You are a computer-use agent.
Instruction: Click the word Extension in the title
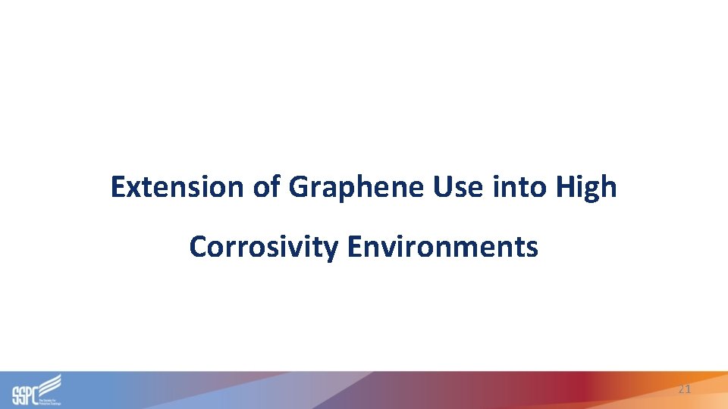pyautogui.click(x=178, y=186)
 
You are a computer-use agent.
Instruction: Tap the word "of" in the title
pyautogui.click(x=267, y=186)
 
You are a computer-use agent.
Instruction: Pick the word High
pyautogui.click(x=585, y=188)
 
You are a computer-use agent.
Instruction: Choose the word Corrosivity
pyautogui.click(x=265, y=247)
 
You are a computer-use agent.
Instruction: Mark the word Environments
pyautogui.click(x=444, y=247)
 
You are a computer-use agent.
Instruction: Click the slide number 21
pyautogui.click(x=685, y=389)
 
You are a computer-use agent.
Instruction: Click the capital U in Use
pyautogui.click(x=442, y=186)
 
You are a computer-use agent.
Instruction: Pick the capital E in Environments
pyautogui.click(x=354, y=247)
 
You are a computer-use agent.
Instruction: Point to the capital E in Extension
pyautogui.click(x=117, y=186)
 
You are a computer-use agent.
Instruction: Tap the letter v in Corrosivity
pyautogui.click(x=303, y=248)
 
